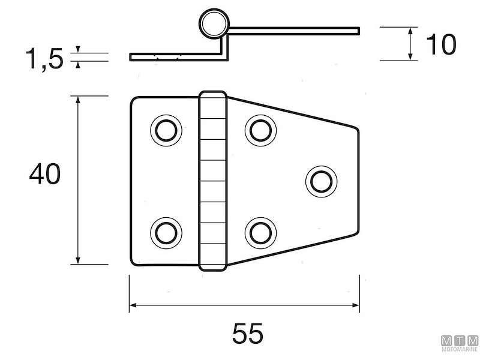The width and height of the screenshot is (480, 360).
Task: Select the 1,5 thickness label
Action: (x=43, y=59)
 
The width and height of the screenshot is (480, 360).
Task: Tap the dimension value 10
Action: (x=440, y=44)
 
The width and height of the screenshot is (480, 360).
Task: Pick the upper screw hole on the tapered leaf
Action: (x=260, y=129)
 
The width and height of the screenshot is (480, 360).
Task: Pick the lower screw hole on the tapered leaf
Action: (x=260, y=232)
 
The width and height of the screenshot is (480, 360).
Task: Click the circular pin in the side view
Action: (x=214, y=25)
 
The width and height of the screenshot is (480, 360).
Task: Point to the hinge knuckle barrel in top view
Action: (x=213, y=181)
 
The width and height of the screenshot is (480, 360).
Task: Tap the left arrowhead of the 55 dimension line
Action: (x=133, y=306)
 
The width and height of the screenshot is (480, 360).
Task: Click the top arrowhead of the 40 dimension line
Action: (x=78, y=100)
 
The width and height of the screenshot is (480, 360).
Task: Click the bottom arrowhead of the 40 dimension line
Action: (x=78, y=260)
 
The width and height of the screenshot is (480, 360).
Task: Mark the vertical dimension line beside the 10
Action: (x=410, y=44)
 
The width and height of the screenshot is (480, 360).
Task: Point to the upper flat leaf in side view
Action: (x=294, y=29)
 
